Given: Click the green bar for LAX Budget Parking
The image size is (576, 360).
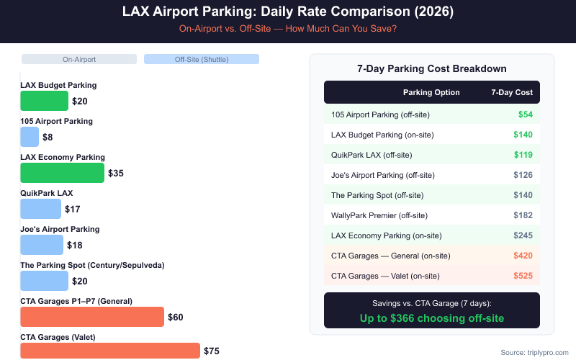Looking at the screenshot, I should click(44, 101).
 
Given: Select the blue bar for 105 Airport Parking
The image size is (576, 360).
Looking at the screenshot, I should click(30, 137).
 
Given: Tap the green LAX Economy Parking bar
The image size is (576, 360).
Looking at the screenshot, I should click(62, 173).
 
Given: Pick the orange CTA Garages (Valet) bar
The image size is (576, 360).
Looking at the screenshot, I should click(109, 351).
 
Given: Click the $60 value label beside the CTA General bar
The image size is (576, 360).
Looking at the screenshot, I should click(176, 316).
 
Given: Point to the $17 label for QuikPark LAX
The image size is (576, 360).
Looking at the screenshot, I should click(72, 210).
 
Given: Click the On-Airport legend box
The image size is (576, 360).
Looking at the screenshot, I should click(78, 59).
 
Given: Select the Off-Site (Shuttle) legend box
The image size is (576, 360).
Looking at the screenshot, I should click(201, 59).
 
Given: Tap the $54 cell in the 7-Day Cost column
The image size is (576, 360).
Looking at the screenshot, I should click(525, 114).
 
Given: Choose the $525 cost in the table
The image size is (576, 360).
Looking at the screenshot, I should click(522, 276).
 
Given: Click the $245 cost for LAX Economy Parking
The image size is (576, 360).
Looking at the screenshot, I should click(522, 235).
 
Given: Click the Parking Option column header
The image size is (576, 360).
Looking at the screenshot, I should click(431, 92).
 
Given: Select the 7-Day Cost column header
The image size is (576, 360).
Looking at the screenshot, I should click(512, 92).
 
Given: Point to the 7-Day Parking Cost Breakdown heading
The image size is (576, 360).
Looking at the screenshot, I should click(431, 68).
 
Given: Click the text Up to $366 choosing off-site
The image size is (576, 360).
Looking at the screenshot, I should click(431, 318).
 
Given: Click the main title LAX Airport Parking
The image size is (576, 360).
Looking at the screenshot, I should click(288, 12).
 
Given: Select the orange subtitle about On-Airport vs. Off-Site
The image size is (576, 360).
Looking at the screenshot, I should click(288, 30).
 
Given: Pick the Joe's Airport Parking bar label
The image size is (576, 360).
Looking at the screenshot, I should click(60, 229).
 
